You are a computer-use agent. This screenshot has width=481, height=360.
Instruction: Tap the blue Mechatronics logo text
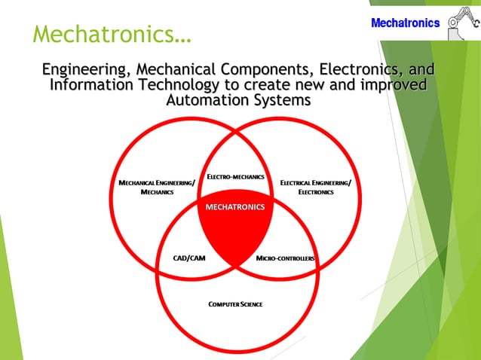point(405,23)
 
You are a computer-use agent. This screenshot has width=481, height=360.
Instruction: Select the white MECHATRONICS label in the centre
point(235,206)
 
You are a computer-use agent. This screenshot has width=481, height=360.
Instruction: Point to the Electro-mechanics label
point(235,177)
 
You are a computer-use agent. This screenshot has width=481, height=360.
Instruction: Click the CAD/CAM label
point(189,258)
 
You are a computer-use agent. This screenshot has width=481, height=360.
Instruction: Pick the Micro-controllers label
point(285,258)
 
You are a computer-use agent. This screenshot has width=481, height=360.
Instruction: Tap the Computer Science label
point(235,304)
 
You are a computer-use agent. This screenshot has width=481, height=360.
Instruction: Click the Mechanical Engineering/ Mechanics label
point(157,188)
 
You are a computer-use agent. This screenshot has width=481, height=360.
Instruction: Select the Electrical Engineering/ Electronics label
point(315,188)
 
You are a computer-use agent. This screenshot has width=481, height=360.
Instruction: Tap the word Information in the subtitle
point(90,85)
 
